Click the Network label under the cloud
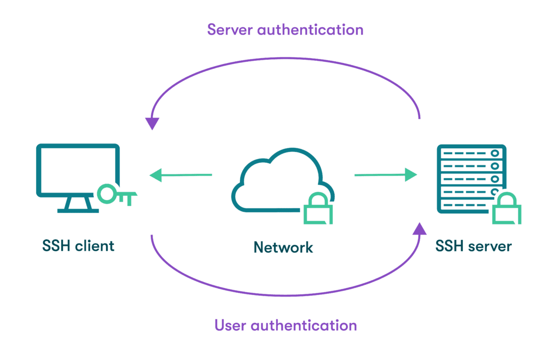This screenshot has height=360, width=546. pyautogui.click(x=283, y=247)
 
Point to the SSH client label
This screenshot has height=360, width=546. pyautogui.click(x=78, y=246)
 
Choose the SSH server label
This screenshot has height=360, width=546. pyautogui.click(x=473, y=246)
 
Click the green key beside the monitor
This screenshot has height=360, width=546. pyautogui.click(x=118, y=195)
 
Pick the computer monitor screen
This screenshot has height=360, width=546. pyautogui.click(x=78, y=169)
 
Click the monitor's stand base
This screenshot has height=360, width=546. pyautogui.click(x=78, y=210)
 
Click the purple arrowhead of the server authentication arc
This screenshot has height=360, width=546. pyautogui.click(x=152, y=123)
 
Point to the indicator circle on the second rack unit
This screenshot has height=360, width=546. pyautogui.click(x=495, y=166)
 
